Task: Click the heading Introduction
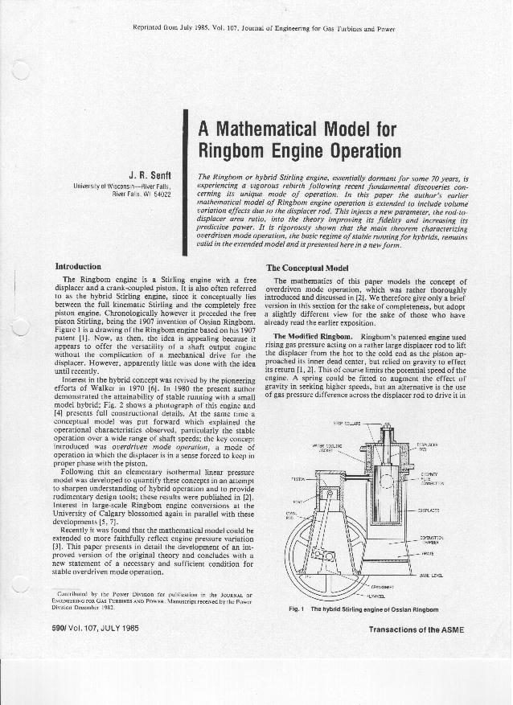click(x=77, y=266)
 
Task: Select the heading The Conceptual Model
click(x=306, y=267)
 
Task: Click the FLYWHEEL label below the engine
click(x=375, y=596)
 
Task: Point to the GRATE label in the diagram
click(x=427, y=554)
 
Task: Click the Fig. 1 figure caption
click(x=363, y=609)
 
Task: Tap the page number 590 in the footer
click(x=62, y=629)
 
